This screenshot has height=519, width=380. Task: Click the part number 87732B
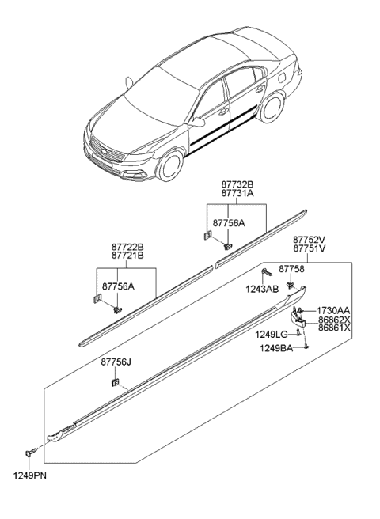coord(237,184)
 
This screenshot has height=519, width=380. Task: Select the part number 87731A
coord(237,193)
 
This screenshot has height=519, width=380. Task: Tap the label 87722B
coord(127,247)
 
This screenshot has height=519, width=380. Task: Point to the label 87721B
coord(127,256)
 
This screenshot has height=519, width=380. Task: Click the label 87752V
coord(310,239)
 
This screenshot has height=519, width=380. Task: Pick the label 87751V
coord(310,248)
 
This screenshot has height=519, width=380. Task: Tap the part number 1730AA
coord(333,310)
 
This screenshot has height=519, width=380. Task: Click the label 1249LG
coord(270,335)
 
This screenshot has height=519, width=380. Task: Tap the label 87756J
coord(116,362)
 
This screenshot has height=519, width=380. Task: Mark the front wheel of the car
coord(171,167)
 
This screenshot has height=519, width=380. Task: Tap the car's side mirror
coord(198,123)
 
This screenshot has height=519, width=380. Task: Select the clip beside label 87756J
coord(116,383)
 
